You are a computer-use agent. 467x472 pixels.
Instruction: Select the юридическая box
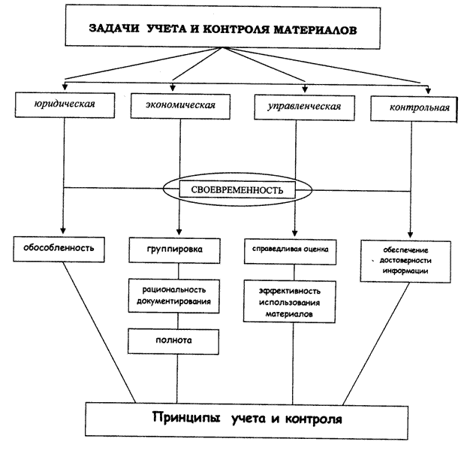coord(63,104)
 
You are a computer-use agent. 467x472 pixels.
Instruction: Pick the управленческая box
coord(298,106)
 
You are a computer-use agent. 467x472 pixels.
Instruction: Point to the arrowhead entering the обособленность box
coord(63,231)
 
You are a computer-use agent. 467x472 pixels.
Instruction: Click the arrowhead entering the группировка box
coord(177,232)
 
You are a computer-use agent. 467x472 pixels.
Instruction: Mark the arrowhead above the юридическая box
coord(65,78)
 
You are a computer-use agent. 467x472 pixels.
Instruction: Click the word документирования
coord(176,301)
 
